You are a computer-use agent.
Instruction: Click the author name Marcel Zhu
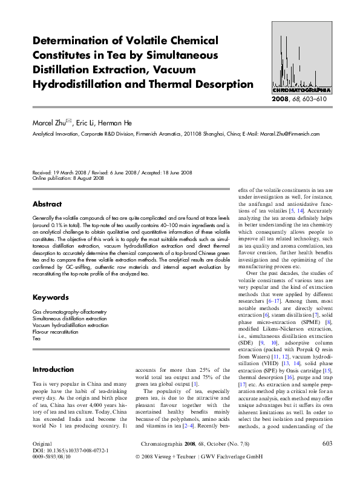tap(52, 123)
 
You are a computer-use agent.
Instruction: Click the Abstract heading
tap(47, 204)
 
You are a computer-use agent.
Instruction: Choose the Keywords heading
tap(50, 297)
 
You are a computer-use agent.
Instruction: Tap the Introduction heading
tap(53, 369)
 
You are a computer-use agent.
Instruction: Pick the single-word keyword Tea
tap(36, 339)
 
